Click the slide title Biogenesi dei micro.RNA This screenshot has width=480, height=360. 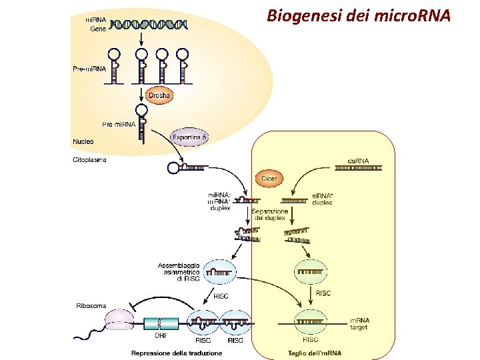(x=359, y=14)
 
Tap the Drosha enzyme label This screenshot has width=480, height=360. (x=159, y=96)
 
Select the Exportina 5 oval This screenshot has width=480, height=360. (x=190, y=137)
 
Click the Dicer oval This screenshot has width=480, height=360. (x=269, y=179)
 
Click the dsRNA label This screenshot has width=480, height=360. (x=358, y=161)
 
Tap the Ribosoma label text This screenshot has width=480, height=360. (x=91, y=306)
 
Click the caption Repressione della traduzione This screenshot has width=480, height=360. (x=177, y=353)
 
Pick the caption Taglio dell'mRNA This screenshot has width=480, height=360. (x=314, y=353)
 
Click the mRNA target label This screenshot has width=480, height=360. (x=360, y=324)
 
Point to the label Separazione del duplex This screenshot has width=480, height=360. (x=269, y=214)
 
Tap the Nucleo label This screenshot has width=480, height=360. (x=83, y=141)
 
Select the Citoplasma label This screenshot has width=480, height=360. (x=89, y=160)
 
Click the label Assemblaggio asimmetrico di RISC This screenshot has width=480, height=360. (x=179, y=272)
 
